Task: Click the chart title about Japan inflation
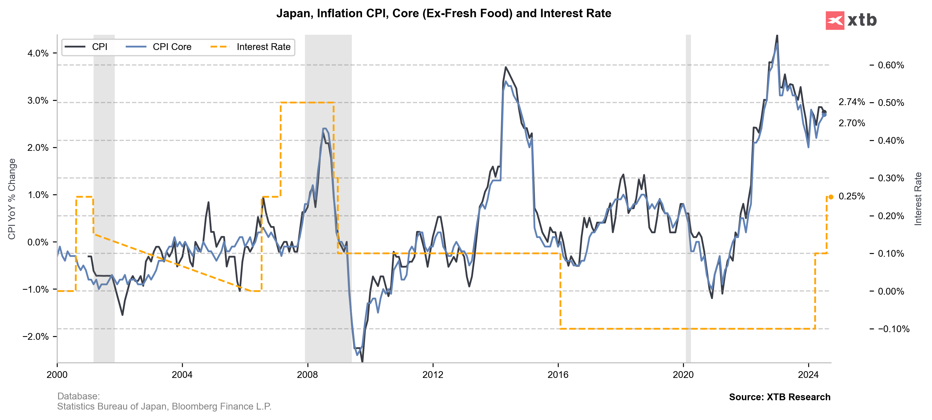coord(444,13)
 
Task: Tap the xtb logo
coord(851,20)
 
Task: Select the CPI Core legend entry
coord(172,47)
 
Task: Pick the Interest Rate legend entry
coord(263,47)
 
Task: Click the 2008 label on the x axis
coord(307,375)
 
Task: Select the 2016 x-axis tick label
coord(558,375)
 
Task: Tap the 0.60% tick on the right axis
coord(891,66)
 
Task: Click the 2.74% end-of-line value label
coord(851,102)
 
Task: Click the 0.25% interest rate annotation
coord(851,196)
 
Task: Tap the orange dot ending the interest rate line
coord(831,197)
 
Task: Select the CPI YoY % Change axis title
coord(12,199)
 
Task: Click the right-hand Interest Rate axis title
coord(918,199)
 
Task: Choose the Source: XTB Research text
coord(779,397)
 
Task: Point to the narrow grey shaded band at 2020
coord(688,199)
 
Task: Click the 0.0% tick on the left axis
coord(38,242)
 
